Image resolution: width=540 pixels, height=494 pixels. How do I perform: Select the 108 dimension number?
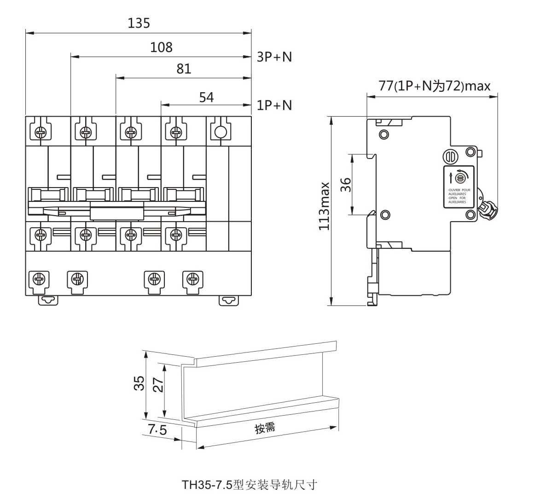[161, 47]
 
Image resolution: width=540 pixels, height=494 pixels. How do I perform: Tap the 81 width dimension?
[184, 69]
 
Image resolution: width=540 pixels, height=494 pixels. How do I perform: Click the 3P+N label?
[274, 57]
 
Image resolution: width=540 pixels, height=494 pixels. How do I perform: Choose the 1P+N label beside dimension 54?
[274, 105]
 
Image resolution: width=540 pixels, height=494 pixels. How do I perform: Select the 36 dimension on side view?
[346, 184]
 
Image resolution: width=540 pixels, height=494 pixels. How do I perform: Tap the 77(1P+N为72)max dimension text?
[434, 86]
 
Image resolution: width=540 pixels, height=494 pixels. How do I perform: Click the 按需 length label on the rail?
[265, 428]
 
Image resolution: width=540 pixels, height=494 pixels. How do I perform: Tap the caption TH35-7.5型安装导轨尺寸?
[250, 484]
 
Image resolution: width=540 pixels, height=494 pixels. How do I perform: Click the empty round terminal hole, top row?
[220, 132]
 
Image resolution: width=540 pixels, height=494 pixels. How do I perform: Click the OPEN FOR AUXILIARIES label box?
[459, 188]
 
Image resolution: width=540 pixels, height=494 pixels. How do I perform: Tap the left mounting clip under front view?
[48, 300]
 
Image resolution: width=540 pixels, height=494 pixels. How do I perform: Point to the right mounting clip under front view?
[228, 300]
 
